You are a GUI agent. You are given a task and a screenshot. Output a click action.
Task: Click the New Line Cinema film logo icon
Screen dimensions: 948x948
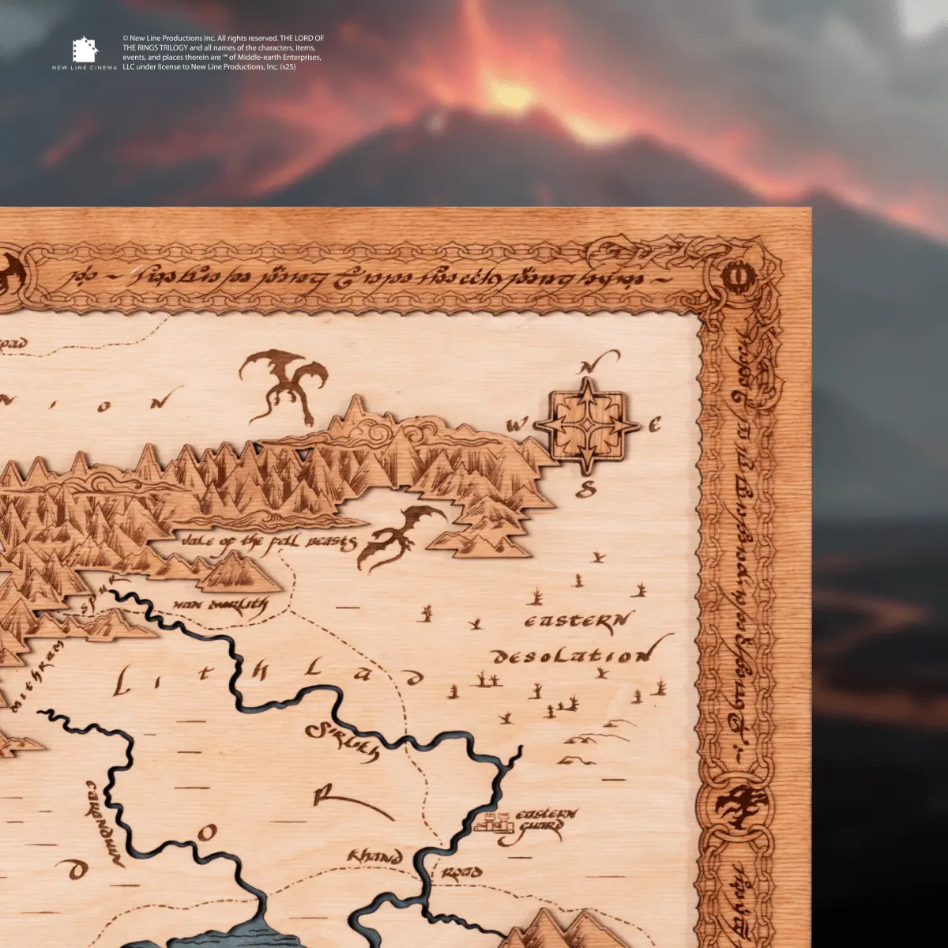pos(85,51)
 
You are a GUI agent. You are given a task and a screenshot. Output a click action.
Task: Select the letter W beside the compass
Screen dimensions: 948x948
pos(518,426)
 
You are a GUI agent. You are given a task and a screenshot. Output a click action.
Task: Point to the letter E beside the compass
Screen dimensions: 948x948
pos(654,426)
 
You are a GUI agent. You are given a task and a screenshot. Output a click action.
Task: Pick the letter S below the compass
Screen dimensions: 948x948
pos(585,490)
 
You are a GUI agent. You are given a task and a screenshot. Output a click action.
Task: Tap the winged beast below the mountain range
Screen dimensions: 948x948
pos(401,535)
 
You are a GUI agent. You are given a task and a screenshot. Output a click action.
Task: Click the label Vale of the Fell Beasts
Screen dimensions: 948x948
pos(269,543)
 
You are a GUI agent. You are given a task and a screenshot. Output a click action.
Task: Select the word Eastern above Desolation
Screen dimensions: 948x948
pos(578,621)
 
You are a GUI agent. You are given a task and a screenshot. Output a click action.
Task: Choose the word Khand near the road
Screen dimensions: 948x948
pos(375,856)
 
